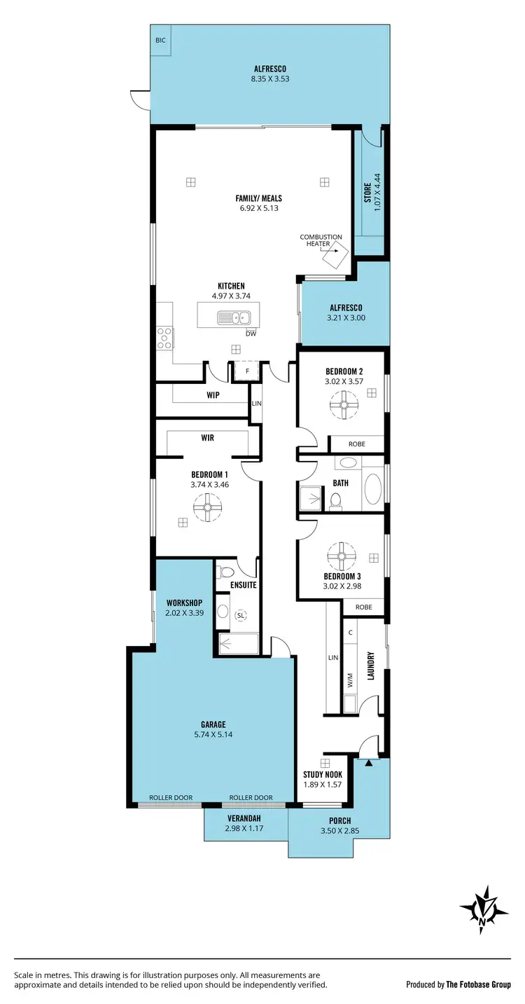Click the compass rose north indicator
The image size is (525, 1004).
click(x=484, y=910)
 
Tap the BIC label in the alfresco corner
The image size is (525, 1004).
click(x=160, y=41)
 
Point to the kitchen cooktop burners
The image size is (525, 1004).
click(x=164, y=338)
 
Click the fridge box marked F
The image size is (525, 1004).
click(x=246, y=371)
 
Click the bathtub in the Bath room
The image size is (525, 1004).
click(x=372, y=490)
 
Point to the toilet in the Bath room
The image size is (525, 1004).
click(x=336, y=500)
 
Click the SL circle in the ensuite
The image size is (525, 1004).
click(x=241, y=615)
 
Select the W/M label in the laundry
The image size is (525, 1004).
click(x=350, y=679)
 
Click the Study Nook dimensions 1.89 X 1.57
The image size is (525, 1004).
click(x=322, y=784)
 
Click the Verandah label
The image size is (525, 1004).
click(x=244, y=818)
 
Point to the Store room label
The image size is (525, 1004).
click(x=367, y=193)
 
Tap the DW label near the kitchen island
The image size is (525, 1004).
click(x=251, y=333)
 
